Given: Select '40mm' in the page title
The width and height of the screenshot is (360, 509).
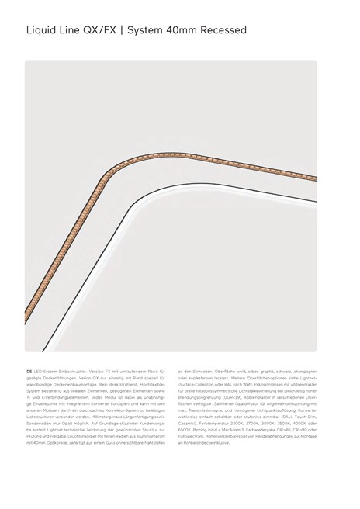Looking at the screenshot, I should coord(182,30).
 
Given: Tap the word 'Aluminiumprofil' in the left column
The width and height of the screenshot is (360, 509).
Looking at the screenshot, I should coord(151,437).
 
